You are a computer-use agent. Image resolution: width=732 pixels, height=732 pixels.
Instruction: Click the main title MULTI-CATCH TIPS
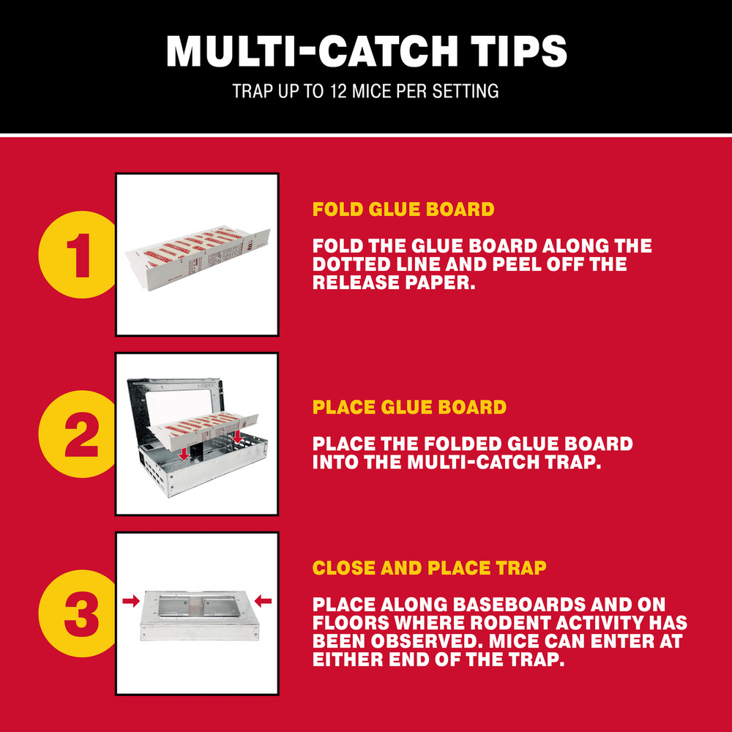click(x=366, y=51)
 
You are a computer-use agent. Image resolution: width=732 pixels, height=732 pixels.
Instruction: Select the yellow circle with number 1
click(x=78, y=255)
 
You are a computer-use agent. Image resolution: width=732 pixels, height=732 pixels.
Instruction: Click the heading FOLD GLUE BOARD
click(x=403, y=210)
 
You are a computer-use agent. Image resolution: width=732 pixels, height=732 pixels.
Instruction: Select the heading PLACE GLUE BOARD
click(x=409, y=408)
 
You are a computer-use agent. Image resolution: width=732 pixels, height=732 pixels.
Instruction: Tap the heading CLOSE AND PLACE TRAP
click(x=429, y=569)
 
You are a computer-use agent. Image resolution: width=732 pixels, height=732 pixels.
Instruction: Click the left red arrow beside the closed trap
click(x=131, y=601)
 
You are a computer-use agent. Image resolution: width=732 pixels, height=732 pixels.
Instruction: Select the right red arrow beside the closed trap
click(x=263, y=601)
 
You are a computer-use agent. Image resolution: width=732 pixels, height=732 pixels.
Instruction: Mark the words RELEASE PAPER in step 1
click(x=394, y=283)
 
